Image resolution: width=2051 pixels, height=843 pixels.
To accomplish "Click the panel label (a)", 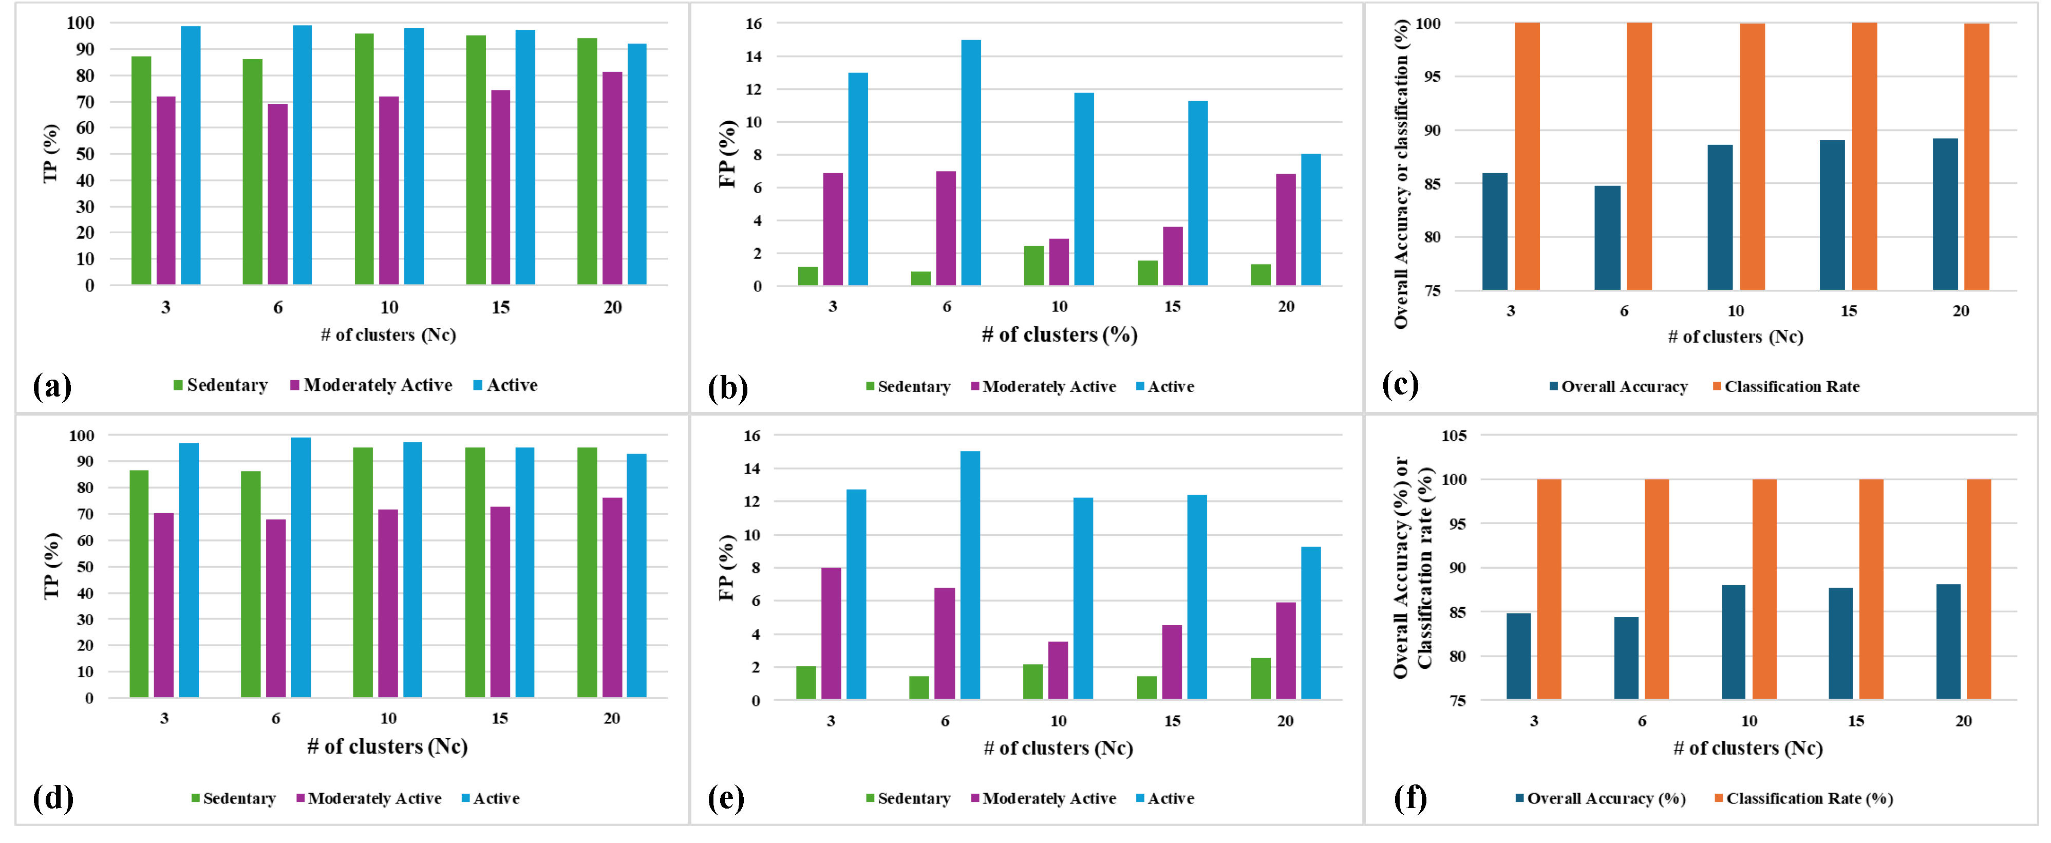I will pos(52,386).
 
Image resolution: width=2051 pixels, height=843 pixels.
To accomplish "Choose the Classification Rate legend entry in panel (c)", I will pos(1786,387).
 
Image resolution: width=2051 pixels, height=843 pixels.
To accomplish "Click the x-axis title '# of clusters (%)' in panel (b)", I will pos(1059,335).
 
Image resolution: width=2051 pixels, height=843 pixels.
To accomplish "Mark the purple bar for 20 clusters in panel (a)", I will pos(612,178).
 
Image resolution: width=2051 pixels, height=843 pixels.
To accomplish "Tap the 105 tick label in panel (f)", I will pos(1454,436).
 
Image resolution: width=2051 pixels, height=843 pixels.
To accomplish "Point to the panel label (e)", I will pos(726,798).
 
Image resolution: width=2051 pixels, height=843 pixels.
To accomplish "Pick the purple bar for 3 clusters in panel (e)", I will pos(831,633).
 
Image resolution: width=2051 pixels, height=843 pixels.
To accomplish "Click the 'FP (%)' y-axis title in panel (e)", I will pos(726,567).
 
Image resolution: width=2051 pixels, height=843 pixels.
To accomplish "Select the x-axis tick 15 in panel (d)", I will pos(499,719).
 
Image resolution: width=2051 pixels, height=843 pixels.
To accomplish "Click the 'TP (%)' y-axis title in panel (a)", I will pos(51,154).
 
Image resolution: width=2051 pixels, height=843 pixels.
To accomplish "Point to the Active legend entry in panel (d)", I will pos(491,798).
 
